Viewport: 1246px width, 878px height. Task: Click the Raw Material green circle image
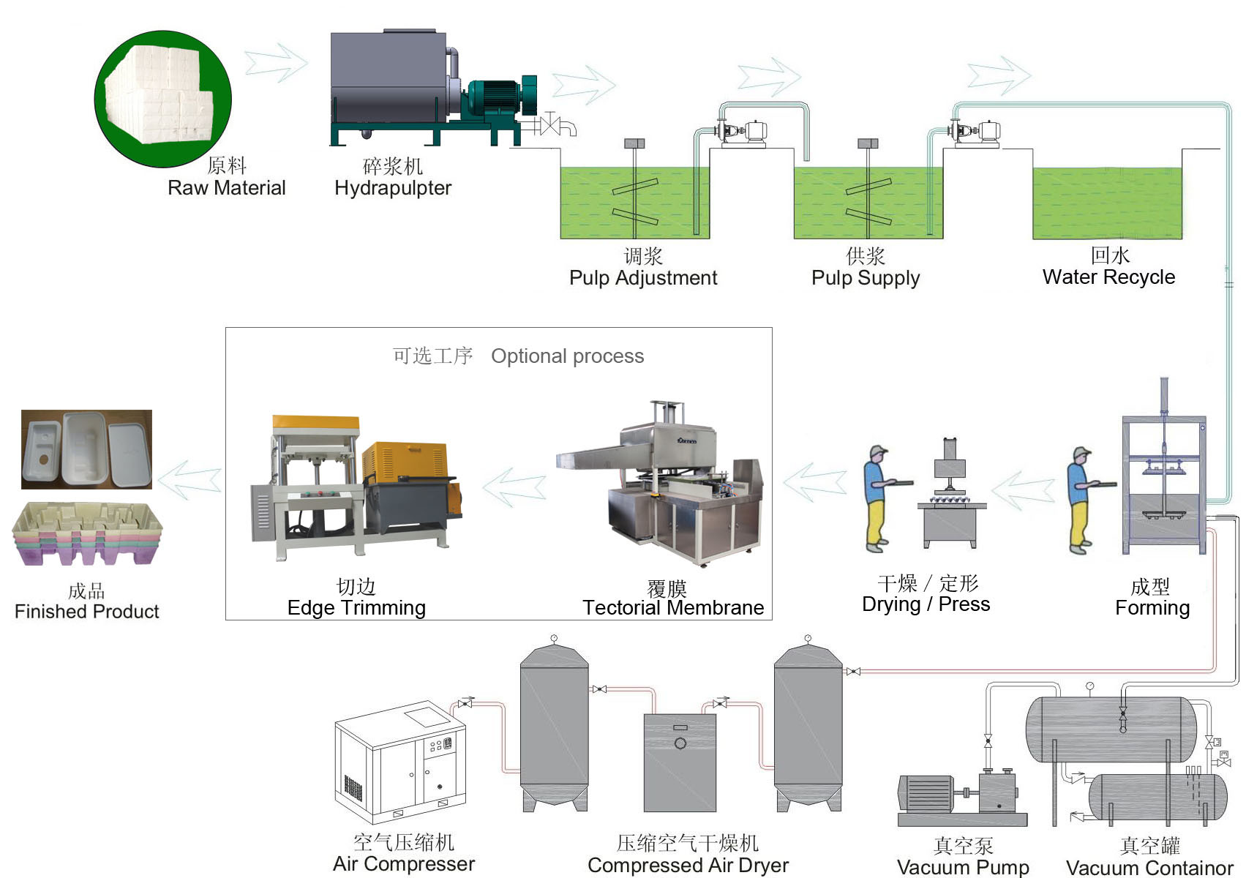click(x=162, y=98)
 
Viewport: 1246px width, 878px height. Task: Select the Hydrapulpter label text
click(x=393, y=188)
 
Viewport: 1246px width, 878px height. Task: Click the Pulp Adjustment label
click(x=643, y=278)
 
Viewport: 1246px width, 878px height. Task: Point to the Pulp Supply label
click(x=866, y=278)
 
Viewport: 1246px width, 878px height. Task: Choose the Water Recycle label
click(x=1108, y=277)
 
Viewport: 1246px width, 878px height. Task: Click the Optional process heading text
click(x=567, y=356)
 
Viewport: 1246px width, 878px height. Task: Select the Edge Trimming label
click(x=356, y=608)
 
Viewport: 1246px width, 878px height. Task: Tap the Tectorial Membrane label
click(x=673, y=608)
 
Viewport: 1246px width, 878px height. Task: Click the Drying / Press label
click(x=926, y=604)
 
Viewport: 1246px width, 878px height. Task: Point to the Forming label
click(x=1152, y=608)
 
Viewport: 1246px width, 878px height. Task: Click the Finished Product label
click(x=86, y=612)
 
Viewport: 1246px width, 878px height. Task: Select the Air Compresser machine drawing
click(x=400, y=761)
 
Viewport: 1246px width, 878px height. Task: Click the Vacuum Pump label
click(x=963, y=868)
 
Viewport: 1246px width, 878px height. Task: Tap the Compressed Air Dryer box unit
click(x=680, y=762)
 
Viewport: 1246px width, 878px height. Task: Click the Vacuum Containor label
click(x=1149, y=868)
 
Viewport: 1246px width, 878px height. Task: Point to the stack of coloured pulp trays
click(x=87, y=533)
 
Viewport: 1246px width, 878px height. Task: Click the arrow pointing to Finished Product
click(x=189, y=480)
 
